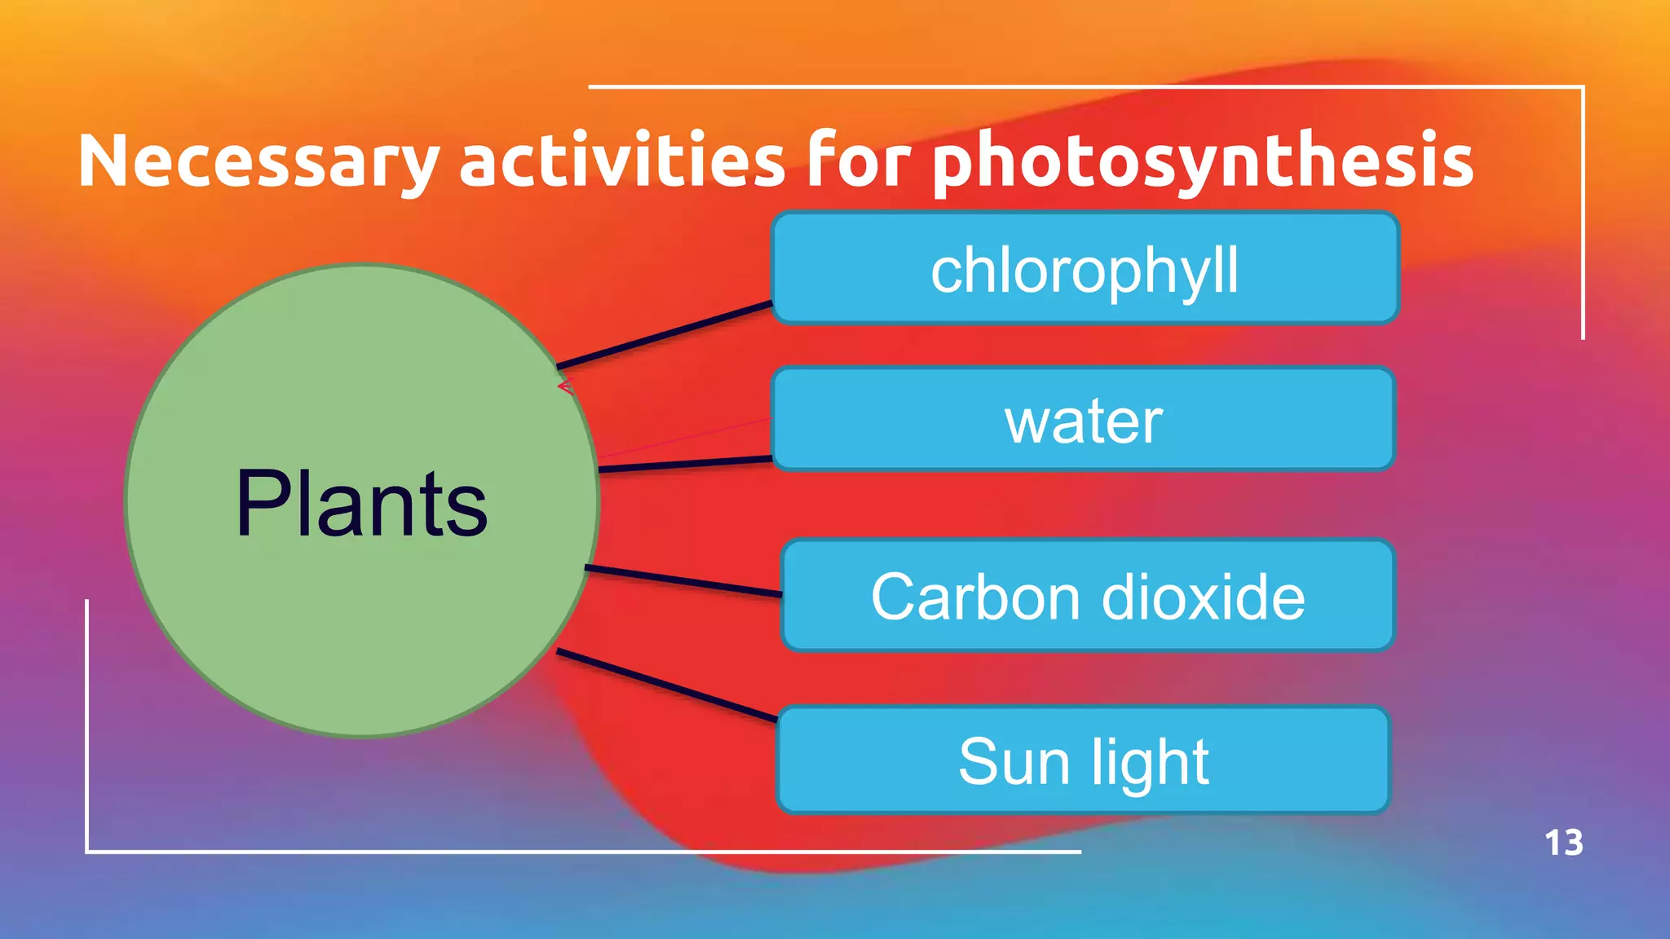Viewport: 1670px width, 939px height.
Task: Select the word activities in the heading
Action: (622, 160)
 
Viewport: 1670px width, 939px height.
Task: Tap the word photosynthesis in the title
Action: (1203, 161)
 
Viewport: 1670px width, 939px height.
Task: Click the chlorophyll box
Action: (1085, 269)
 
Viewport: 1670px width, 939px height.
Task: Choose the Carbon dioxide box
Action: (1088, 596)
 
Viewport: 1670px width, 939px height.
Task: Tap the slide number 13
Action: (1563, 843)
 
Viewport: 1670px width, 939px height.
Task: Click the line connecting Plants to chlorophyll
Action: (665, 335)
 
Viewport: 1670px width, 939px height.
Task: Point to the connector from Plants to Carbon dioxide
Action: (683, 580)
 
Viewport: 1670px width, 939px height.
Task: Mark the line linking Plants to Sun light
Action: (667, 686)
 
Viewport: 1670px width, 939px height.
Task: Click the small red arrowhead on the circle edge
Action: (565, 386)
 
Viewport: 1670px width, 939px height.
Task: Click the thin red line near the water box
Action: (685, 439)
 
